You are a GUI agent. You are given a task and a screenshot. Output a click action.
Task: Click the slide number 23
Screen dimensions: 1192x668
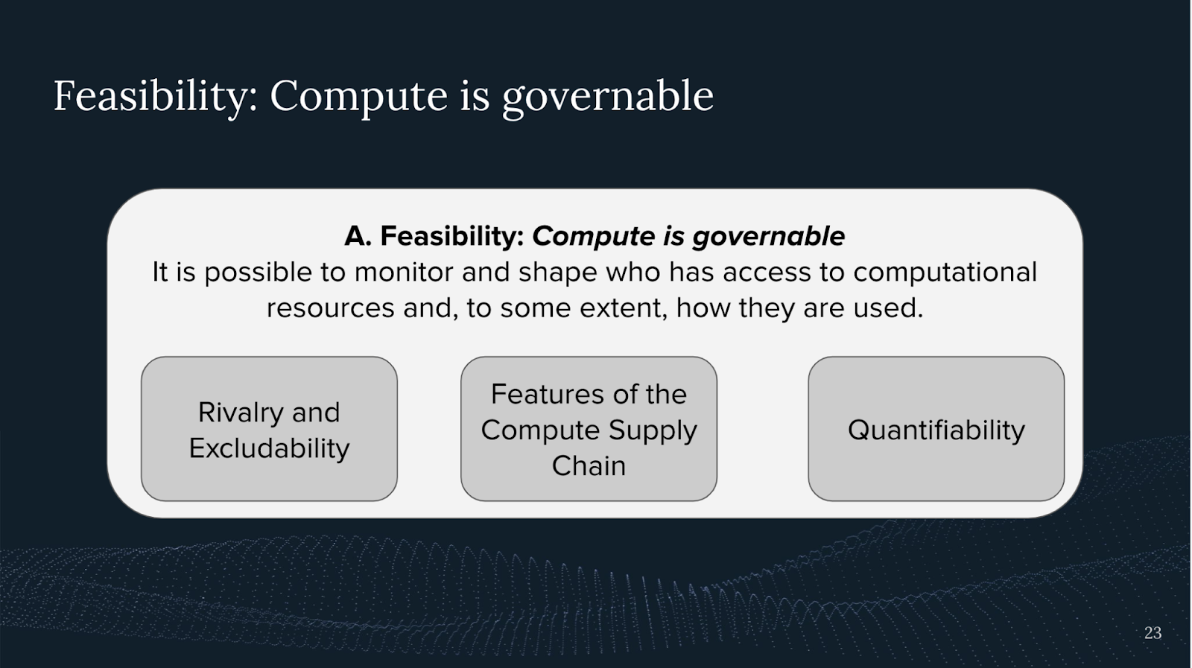pyautogui.click(x=1153, y=633)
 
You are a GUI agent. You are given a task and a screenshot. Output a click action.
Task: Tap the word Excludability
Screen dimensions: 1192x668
pyautogui.click(x=269, y=448)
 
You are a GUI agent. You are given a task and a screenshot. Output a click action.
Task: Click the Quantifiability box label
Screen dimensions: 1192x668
pyautogui.click(x=936, y=430)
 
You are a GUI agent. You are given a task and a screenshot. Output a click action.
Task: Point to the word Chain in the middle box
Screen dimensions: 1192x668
pyautogui.click(x=589, y=466)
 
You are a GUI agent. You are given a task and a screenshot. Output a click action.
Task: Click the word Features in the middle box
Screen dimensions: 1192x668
pyautogui.click(x=543, y=395)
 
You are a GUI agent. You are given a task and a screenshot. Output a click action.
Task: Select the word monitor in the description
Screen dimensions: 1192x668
pyautogui.click(x=404, y=273)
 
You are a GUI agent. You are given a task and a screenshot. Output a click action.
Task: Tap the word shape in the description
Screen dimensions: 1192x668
pyautogui.click(x=558, y=273)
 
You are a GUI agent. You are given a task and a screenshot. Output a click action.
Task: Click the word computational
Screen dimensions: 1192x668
pyautogui.click(x=945, y=273)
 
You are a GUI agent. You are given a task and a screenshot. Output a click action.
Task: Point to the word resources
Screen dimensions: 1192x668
pyautogui.click(x=330, y=308)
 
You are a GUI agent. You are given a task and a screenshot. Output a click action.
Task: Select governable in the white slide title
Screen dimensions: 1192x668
pyautogui.click(x=608, y=98)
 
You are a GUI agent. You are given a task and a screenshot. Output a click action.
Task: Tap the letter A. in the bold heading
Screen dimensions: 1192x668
pyautogui.click(x=358, y=236)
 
